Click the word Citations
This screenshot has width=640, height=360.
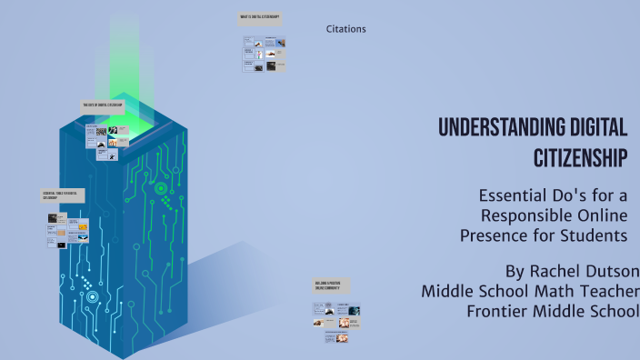point(345,29)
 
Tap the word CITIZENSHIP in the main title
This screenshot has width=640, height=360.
point(580,157)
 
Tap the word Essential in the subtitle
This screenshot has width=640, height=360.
point(512,195)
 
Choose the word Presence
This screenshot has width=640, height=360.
point(492,235)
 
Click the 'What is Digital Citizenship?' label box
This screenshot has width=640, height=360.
point(260,17)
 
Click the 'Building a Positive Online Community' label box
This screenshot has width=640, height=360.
point(330,285)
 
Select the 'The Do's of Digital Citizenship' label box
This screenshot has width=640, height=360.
point(102,105)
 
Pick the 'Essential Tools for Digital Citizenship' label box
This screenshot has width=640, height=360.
point(63,195)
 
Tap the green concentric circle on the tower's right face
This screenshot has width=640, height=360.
point(161,188)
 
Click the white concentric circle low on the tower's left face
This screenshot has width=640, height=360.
point(92,296)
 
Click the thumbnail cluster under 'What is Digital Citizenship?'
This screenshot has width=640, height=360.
point(263,54)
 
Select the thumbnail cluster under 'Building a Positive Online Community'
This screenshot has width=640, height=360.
point(336,320)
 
